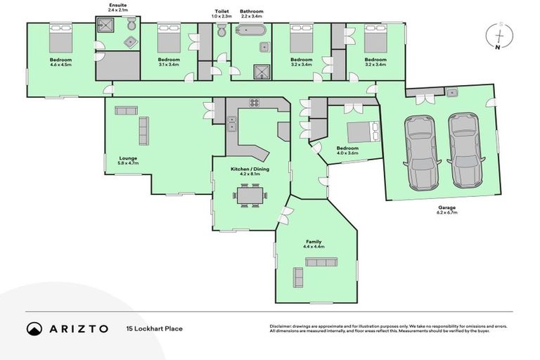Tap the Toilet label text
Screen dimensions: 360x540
[221, 12]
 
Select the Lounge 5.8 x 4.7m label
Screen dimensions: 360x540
[128, 160]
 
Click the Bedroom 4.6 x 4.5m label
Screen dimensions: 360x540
[60, 62]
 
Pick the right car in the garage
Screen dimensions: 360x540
[463, 149]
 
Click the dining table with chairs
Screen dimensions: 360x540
[250, 194]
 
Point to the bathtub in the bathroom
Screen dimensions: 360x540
[251, 30]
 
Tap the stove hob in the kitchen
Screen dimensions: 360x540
[254, 103]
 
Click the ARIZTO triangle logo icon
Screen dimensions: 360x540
[34, 328]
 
